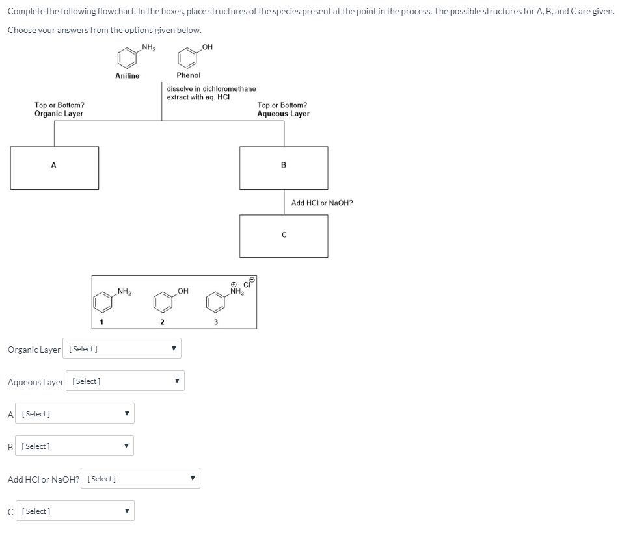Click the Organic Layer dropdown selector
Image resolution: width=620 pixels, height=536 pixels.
click(x=122, y=349)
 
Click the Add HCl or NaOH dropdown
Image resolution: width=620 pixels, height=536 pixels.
click(x=141, y=479)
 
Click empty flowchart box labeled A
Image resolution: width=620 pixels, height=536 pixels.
click(x=55, y=168)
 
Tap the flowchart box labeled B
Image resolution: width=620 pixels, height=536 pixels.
click(x=284, y=168)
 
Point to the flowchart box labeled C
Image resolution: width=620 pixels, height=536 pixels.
click(x=284, y=236)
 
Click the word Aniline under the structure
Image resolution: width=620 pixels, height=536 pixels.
click(x=127, y=76)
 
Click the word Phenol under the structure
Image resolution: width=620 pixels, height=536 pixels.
click(x=189, y=76)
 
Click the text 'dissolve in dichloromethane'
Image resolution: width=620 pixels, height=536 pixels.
click(x=211, y=89)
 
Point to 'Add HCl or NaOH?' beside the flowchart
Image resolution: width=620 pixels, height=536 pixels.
click(x=322, y=203)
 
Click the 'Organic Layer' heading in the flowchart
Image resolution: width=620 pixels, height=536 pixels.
click(x=59, y=114)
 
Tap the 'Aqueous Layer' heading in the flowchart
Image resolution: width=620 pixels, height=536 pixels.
click(x=283, y=114)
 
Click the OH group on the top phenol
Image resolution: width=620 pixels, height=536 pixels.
click(x=207, y=45)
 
